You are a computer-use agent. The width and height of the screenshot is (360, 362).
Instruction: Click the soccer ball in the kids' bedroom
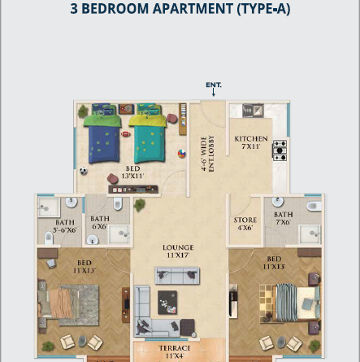click(x=84, y=171)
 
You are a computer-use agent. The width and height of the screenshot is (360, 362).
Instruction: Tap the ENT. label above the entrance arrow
click(x=214, y=85)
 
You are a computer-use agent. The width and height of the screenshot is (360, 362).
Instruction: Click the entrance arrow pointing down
click(x=214, y=93)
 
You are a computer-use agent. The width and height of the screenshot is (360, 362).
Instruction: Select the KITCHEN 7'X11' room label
click(x=251, y=142)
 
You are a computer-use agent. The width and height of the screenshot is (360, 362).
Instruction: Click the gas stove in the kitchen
click(x=280, y=150)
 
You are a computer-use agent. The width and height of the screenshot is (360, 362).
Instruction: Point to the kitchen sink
click(x=253, y=111)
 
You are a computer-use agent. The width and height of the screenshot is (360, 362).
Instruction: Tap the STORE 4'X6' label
click(x=245, y=224)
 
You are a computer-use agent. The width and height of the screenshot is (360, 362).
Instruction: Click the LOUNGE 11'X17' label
click(x=178, y=251)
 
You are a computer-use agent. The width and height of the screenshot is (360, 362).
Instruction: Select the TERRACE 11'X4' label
click(x=175, y=351)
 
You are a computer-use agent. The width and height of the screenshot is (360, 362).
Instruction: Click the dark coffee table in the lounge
click(x=167, y=303)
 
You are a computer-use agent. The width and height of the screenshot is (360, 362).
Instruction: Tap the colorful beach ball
click(x=181, y=154)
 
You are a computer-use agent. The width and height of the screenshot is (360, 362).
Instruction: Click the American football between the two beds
click(x=126, y=134)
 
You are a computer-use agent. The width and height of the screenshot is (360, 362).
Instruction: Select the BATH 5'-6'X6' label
click(x=64, y=226)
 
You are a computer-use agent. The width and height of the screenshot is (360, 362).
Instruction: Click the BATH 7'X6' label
click(x=284, y=218)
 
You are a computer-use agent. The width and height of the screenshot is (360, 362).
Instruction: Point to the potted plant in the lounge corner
click(x=139, y=205)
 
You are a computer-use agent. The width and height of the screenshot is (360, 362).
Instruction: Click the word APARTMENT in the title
click(x=193, y=9)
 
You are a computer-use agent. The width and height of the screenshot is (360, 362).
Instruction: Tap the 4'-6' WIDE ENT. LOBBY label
click(x=208, y=154)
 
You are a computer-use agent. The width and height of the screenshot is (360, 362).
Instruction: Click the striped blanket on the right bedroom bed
click(x=286, y=303)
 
